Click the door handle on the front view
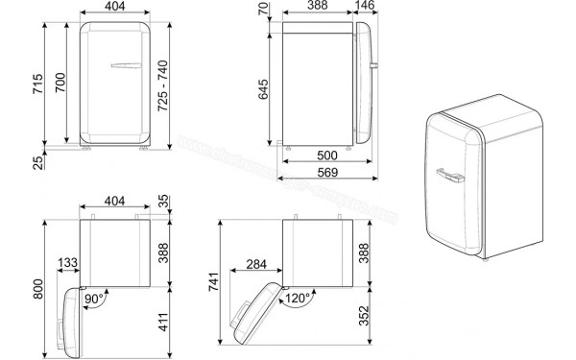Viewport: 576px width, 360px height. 125,66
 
